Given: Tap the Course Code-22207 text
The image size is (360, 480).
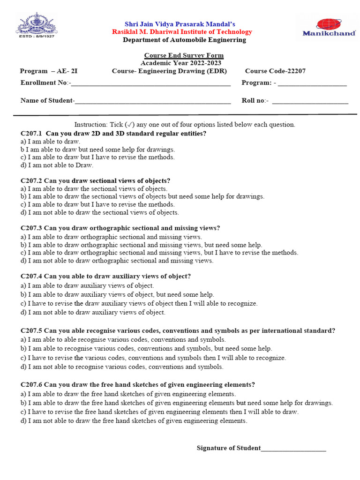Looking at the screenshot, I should (275, 71).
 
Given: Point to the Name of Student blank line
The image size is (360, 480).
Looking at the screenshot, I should (153, 102).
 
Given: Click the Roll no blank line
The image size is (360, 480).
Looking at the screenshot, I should (310, 102).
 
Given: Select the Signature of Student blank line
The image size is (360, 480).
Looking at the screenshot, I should (293, 450).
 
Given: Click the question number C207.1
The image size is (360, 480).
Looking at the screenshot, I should (31, 134).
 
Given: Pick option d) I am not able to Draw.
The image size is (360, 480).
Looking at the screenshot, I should (57, 165).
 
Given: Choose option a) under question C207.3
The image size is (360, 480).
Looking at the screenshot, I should (111, 237).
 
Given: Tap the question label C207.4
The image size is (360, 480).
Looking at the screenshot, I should (31, 277).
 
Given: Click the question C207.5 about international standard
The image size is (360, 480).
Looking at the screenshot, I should (178, 331).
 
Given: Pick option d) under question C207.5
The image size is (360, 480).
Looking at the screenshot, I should (122, 367).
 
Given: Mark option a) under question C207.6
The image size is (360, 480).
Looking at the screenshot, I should (128, 394).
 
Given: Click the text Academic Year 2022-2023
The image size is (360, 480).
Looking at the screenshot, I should (181, 63).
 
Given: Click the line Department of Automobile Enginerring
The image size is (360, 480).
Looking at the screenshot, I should (184, 40).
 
